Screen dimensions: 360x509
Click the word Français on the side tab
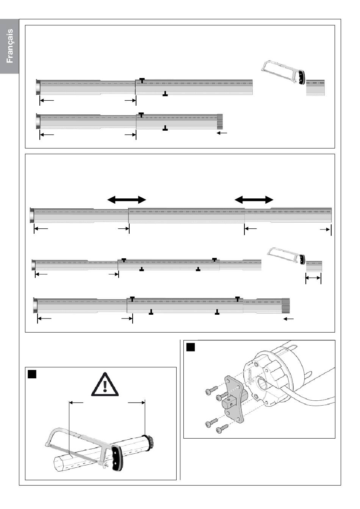coord(9,46)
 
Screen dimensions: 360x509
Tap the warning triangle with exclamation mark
coord(105,385)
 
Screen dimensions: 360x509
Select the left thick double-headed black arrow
coord(127,200)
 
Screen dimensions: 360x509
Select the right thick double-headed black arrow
coord(254,200)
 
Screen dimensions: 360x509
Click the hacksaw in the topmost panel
coord(283,73)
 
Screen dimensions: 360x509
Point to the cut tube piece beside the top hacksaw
coord(315,88)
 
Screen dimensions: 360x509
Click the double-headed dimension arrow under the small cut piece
coord(313,278)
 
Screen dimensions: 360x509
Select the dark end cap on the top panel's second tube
coord(220,122)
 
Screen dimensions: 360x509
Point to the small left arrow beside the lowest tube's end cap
coord(289,319)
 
